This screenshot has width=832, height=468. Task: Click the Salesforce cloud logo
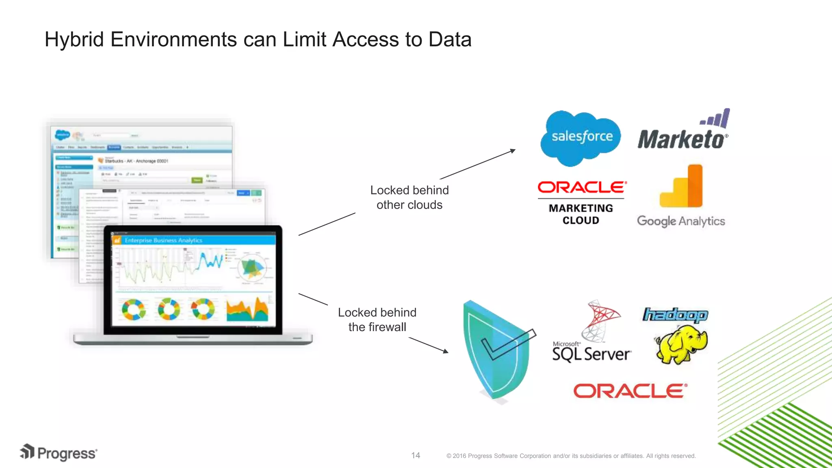tap(581, 137)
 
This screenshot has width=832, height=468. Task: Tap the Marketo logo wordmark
tap(682, 139)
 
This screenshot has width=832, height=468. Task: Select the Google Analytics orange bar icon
tap(682, 188)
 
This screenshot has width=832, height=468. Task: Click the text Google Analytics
tap(681, 221)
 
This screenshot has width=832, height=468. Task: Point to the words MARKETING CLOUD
tap(581, 214)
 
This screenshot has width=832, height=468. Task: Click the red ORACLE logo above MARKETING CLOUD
tap(582, 187)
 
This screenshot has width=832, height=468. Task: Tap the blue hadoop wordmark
tap(675, 315)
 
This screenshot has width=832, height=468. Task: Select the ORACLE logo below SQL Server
tap(630, 391)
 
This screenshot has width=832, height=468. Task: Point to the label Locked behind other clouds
tap(409, 197)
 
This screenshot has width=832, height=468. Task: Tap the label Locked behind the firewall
tap(377, 320)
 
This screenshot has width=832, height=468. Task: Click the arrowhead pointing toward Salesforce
tap(513, 151)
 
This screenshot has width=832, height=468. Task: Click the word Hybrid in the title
tap(74, 40)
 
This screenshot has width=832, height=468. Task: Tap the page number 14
tap(416, 455)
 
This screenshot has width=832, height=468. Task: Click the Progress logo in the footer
tap(59, 453)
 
